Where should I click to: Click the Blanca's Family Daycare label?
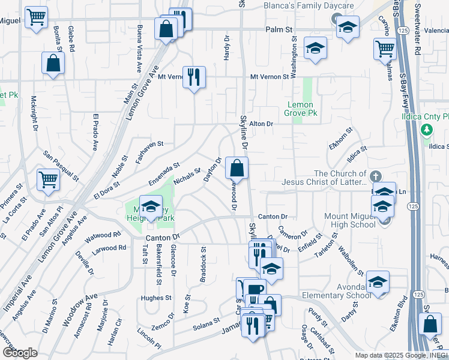click(x=309, y=5)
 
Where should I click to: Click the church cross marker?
click(x=376, y=176)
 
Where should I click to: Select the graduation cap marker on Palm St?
click(x=348, y=27)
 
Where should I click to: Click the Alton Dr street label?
click(x=261, y=124)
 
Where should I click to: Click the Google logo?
click(x=20, y=353)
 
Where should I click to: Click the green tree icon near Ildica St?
click(x=427, y=130)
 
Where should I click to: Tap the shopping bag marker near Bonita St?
click(x=53, y=64)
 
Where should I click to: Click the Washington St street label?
click(x=295, y=57)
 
